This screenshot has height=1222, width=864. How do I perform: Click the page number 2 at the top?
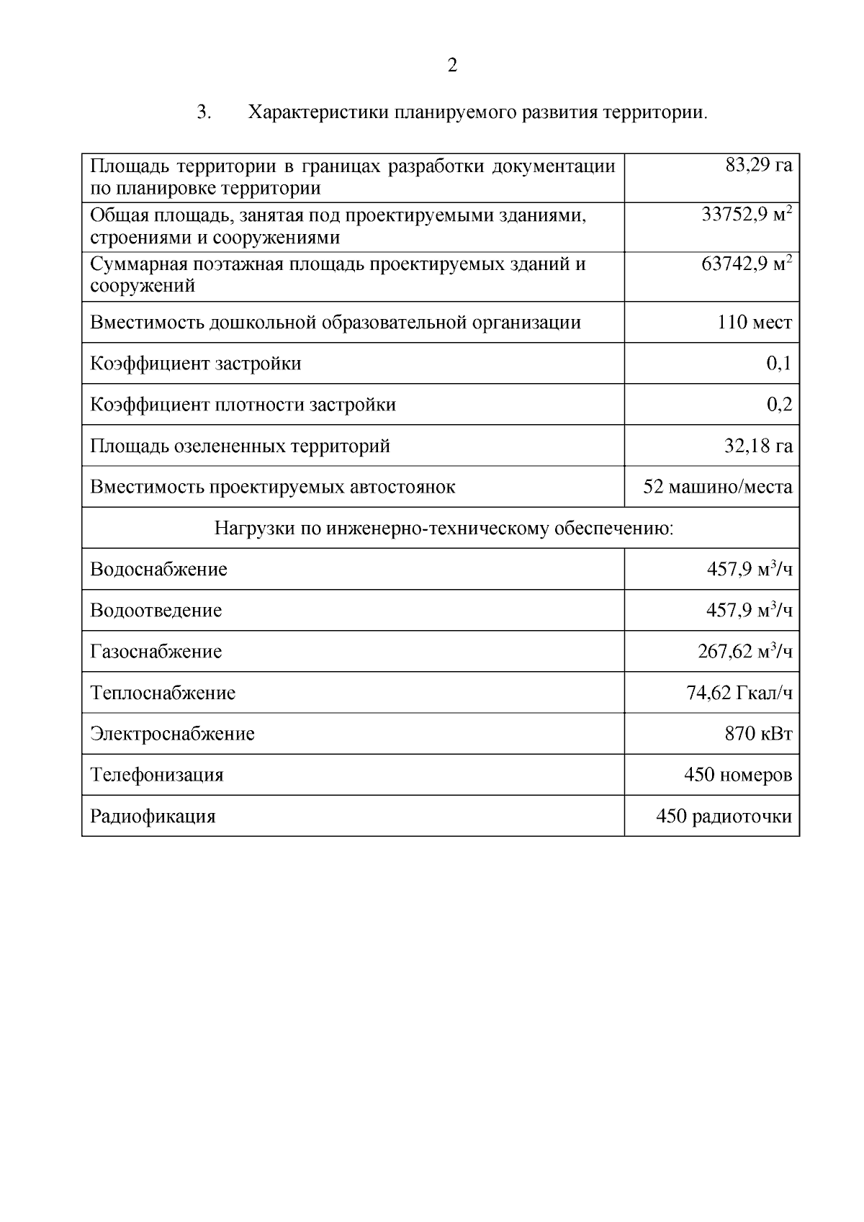452,66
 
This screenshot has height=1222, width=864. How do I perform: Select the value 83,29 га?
758,166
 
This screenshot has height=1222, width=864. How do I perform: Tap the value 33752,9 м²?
747,215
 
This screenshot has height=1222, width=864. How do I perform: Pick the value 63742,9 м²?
747,264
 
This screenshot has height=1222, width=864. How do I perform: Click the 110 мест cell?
754,322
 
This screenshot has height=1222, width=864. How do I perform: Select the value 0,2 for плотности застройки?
779,404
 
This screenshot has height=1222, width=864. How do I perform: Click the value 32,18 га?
758,446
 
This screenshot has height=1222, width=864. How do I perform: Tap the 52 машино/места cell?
717,487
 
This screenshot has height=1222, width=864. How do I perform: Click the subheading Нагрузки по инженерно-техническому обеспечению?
444,529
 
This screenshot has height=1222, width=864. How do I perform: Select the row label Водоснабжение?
158,569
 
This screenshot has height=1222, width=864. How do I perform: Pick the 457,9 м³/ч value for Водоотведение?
749,610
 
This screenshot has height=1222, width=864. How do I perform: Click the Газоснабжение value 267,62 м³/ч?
744,651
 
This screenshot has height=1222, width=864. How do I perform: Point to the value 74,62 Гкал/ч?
739,693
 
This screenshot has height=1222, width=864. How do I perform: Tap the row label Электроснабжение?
172,734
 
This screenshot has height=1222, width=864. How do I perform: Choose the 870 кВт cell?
758,734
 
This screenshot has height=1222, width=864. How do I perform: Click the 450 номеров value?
737,775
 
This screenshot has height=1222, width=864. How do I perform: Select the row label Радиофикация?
153,816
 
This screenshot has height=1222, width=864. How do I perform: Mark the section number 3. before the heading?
203,113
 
